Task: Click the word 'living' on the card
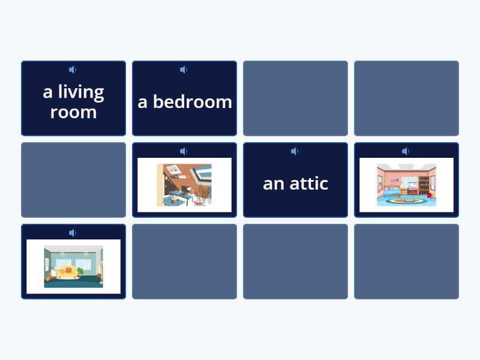pos(81,92)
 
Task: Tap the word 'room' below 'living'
pos(73,112)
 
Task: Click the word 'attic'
pos(307,183)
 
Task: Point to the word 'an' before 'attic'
pos(273,184)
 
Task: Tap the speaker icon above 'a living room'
pos(73,70)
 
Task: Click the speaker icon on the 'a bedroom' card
pos(184,70)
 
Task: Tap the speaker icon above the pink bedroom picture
pos(406,151)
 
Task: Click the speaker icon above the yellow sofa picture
pos(73,233)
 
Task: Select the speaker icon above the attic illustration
pos(184,151)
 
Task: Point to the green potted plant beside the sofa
pos(80,272)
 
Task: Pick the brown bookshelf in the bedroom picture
pos(424,183)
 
